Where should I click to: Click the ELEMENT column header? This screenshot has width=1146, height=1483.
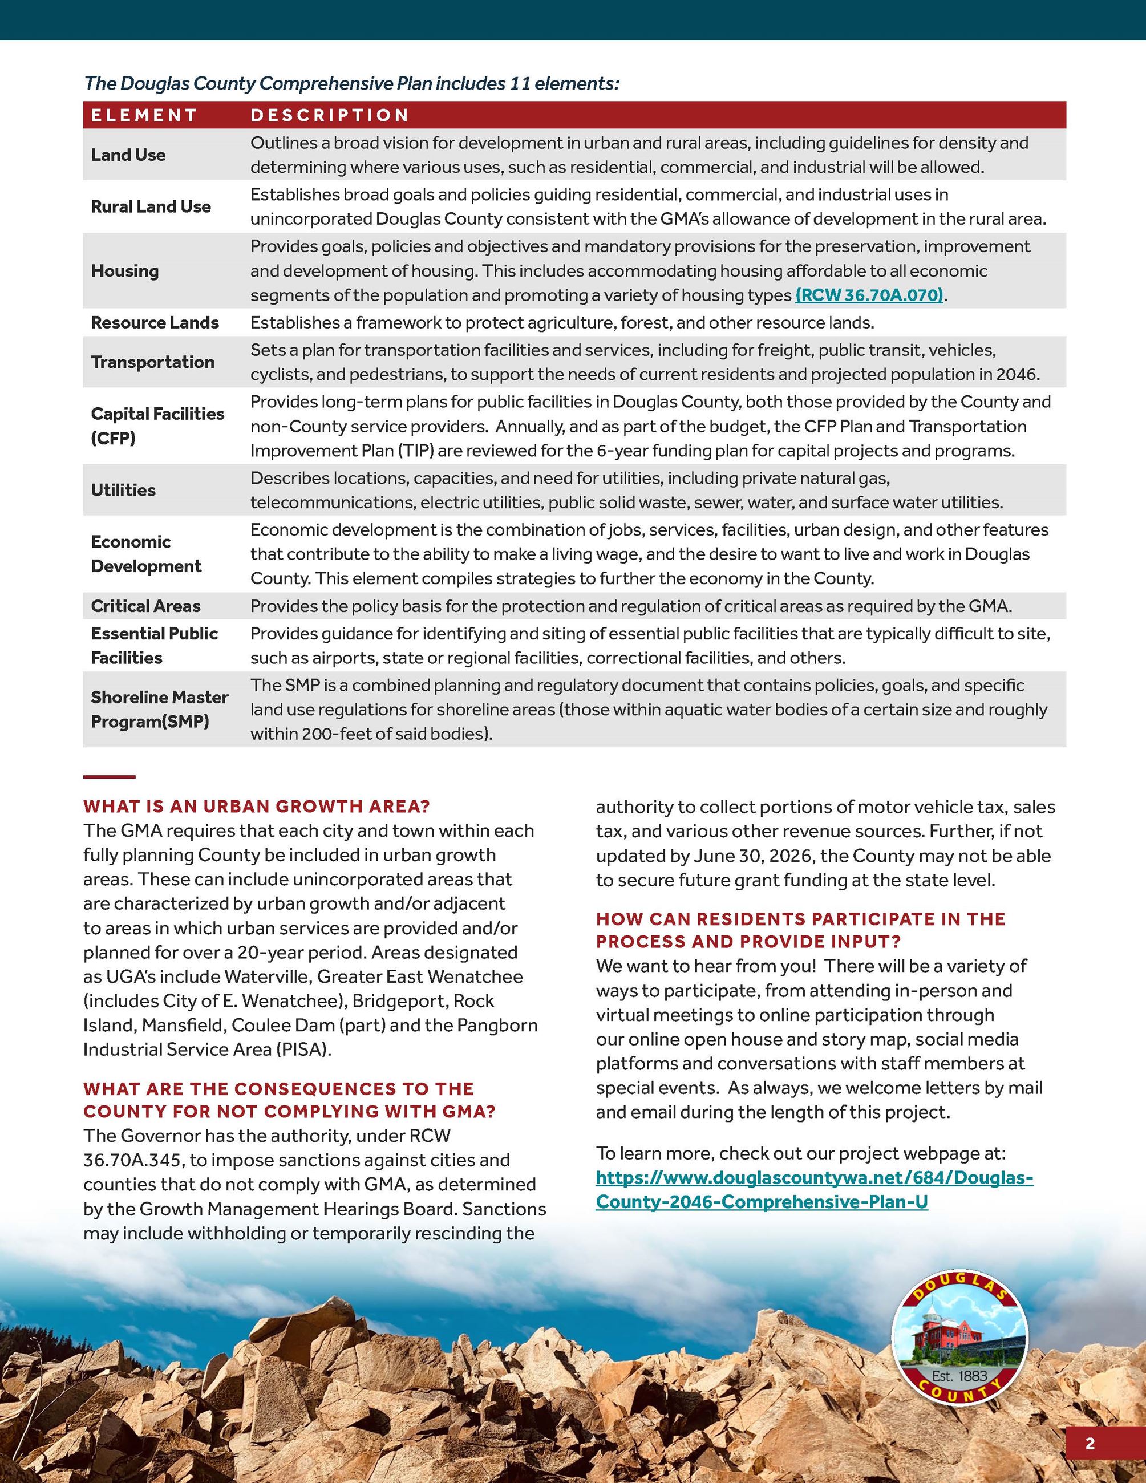click(x=144, y=115)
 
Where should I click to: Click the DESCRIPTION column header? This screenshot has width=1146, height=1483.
click(x=329, y=115)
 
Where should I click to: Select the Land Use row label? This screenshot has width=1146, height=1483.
click(x=128, y=155)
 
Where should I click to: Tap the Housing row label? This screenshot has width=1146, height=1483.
click(x=125, y=271)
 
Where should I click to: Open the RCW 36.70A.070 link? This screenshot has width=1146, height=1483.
click(x=869, y=295)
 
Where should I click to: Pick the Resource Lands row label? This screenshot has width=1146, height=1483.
click(x=155, y=322)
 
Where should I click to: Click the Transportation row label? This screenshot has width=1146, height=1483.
click(x=153, y=362)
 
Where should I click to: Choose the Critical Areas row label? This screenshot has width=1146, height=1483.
click(x=146, y=606)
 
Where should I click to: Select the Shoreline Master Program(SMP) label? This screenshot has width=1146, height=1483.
click(x=160, y=709)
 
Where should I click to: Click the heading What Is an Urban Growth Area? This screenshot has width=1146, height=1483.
click(x=257, y=807)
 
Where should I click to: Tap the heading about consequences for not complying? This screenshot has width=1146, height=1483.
click(x=289, y=1100)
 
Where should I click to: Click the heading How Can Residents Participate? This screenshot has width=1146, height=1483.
click(x=800, y=930)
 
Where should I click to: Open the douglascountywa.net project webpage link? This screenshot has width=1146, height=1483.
click(x=814, y=1189)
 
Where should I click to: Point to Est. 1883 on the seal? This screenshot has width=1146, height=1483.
click(x=959, y=1376)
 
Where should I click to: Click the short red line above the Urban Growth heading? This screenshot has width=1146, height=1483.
click(x=110, y=777)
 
